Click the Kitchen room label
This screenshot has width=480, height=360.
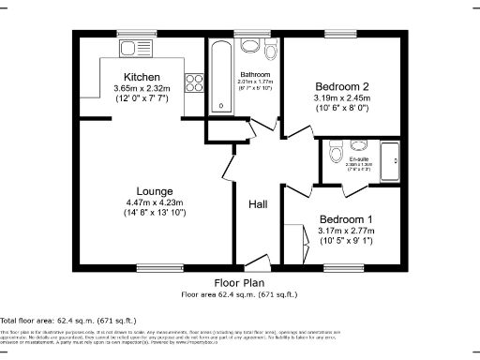142,77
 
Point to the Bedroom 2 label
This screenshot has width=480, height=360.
341,86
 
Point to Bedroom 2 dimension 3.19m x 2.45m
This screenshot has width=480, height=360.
341,97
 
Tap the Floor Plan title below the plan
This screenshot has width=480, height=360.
239,282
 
